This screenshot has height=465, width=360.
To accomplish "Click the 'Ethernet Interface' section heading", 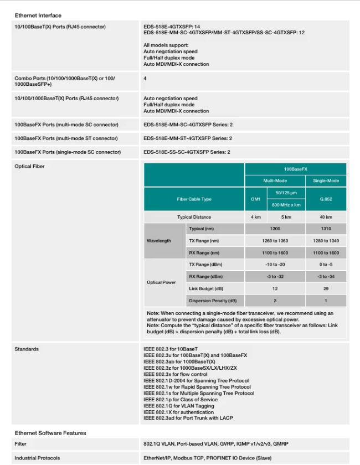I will (38, 15).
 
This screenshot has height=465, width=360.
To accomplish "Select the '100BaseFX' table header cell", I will (295, 168).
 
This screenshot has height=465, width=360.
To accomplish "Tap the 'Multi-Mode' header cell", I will (275, 180).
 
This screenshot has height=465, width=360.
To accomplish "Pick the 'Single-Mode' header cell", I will (326, 180).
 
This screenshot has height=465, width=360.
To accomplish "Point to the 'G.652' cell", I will (326, 199).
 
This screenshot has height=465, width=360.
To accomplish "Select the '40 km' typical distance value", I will (326, 217).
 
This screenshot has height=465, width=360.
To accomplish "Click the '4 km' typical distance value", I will (255, 217).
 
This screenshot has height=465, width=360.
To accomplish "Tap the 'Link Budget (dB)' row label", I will (205, 288).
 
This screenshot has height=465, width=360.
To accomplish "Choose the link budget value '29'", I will (326, 288).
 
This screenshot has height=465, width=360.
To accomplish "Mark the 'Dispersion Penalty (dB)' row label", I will (213, 301).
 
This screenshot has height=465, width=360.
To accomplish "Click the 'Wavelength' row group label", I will (159, 241).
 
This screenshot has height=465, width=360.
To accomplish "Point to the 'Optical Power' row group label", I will (161, 282).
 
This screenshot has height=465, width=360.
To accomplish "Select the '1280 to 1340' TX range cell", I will (326, 241).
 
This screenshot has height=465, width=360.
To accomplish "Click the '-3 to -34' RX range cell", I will (326, 276).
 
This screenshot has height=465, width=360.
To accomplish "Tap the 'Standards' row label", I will (26, 349).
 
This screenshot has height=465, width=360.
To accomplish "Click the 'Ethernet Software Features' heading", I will (50, 433).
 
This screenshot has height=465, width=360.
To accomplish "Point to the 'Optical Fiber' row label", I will (29, 166).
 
